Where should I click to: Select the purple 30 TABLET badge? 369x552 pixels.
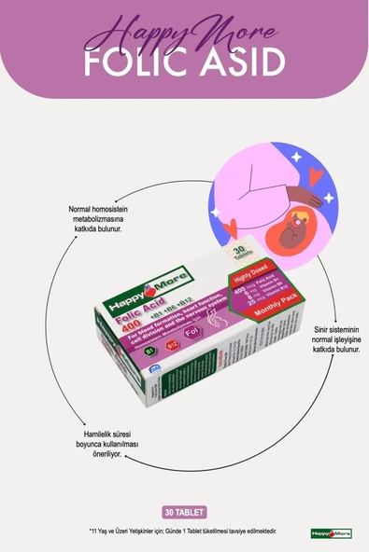pyautogui.click(x=184, y=512)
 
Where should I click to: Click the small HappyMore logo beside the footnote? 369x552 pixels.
pyautogui.click(x=331, y=532)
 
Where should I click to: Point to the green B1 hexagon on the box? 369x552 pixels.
pyautogui.click(x=124, y=351)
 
